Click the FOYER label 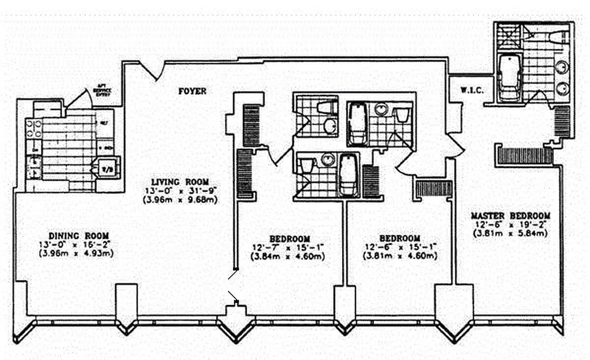coord(192,91)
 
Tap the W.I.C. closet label coord(472,90)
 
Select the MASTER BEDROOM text coord(510,216)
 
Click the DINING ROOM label coord(79,236)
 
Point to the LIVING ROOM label coord(180,182)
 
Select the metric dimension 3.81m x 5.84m coord(510,233)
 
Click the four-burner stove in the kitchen coord(34,129)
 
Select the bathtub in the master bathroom coord(510,76)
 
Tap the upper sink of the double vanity coord(562,67)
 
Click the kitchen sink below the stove coord(34,166)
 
